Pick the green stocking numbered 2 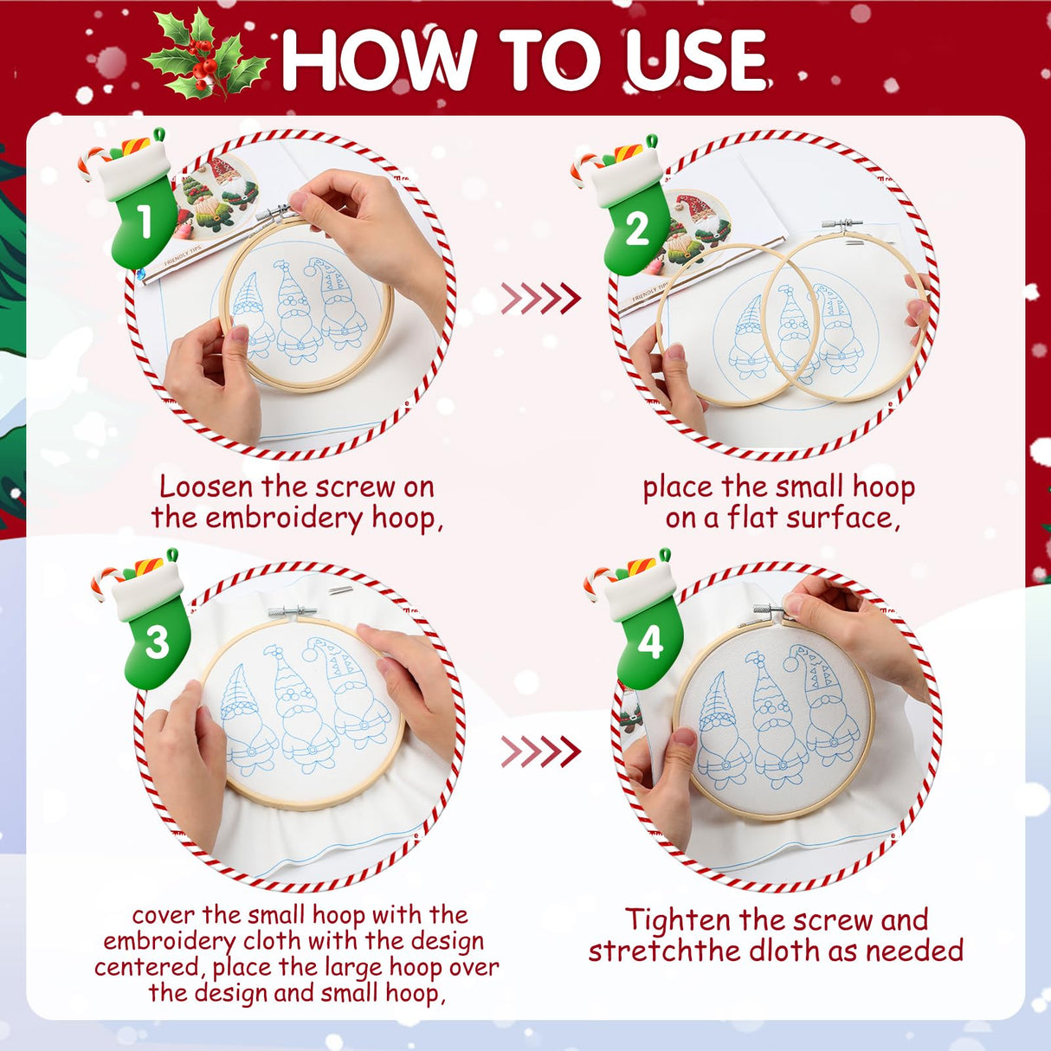point(635,216)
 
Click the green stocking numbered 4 point(647,628)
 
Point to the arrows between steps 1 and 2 point(540,299)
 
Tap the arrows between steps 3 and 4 point(540,751)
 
